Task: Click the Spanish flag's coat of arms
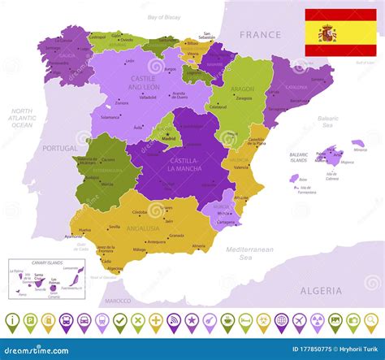(x=327, y=33)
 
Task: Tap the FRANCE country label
(x=261, y=35)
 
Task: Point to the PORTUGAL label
(x=59, y=148)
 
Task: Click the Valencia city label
(x=241, y=167)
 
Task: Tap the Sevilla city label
(x=115, y=227)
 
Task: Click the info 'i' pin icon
(x=12, y=322)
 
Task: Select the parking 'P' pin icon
(x=30, y=322)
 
